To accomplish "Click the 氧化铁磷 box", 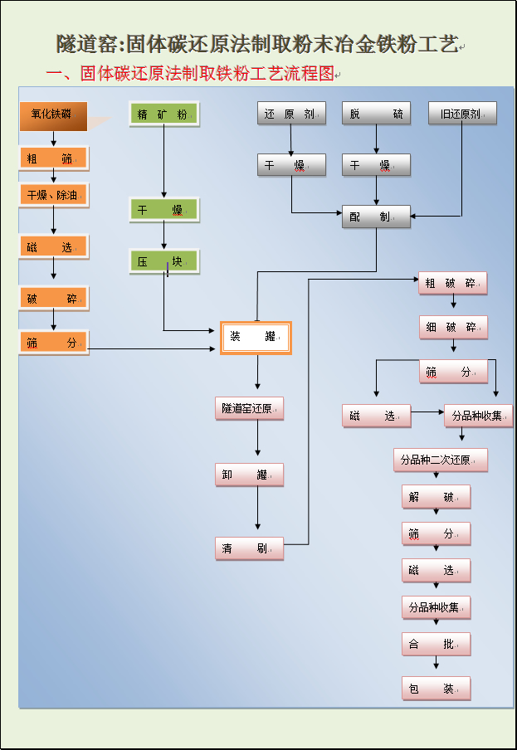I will click(53, 115).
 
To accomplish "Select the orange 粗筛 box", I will click(53, 158).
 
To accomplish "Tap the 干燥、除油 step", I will click(53, 195).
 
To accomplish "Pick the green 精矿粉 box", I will click(163, 114).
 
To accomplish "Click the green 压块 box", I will click(163, 262).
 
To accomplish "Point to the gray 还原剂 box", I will click(290, 114).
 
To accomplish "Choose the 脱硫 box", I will click(376, 114).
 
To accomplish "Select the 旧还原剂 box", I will click(461, 114).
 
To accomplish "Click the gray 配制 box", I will click(376, 217).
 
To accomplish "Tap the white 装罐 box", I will click(256, 337).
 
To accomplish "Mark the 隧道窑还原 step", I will click(249, 408).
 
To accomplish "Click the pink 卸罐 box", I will click(249, 475).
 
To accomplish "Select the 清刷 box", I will click(249, 548).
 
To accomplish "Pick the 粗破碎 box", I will click(452, 283).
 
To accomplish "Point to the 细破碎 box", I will click(452, 327).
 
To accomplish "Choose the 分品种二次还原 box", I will click(439, 460).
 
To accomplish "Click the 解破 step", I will click(436, 497).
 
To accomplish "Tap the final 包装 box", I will click(436, 688).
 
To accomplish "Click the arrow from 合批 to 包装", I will click(436, 662).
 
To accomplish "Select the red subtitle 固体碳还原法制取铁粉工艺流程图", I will click(207, 74).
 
